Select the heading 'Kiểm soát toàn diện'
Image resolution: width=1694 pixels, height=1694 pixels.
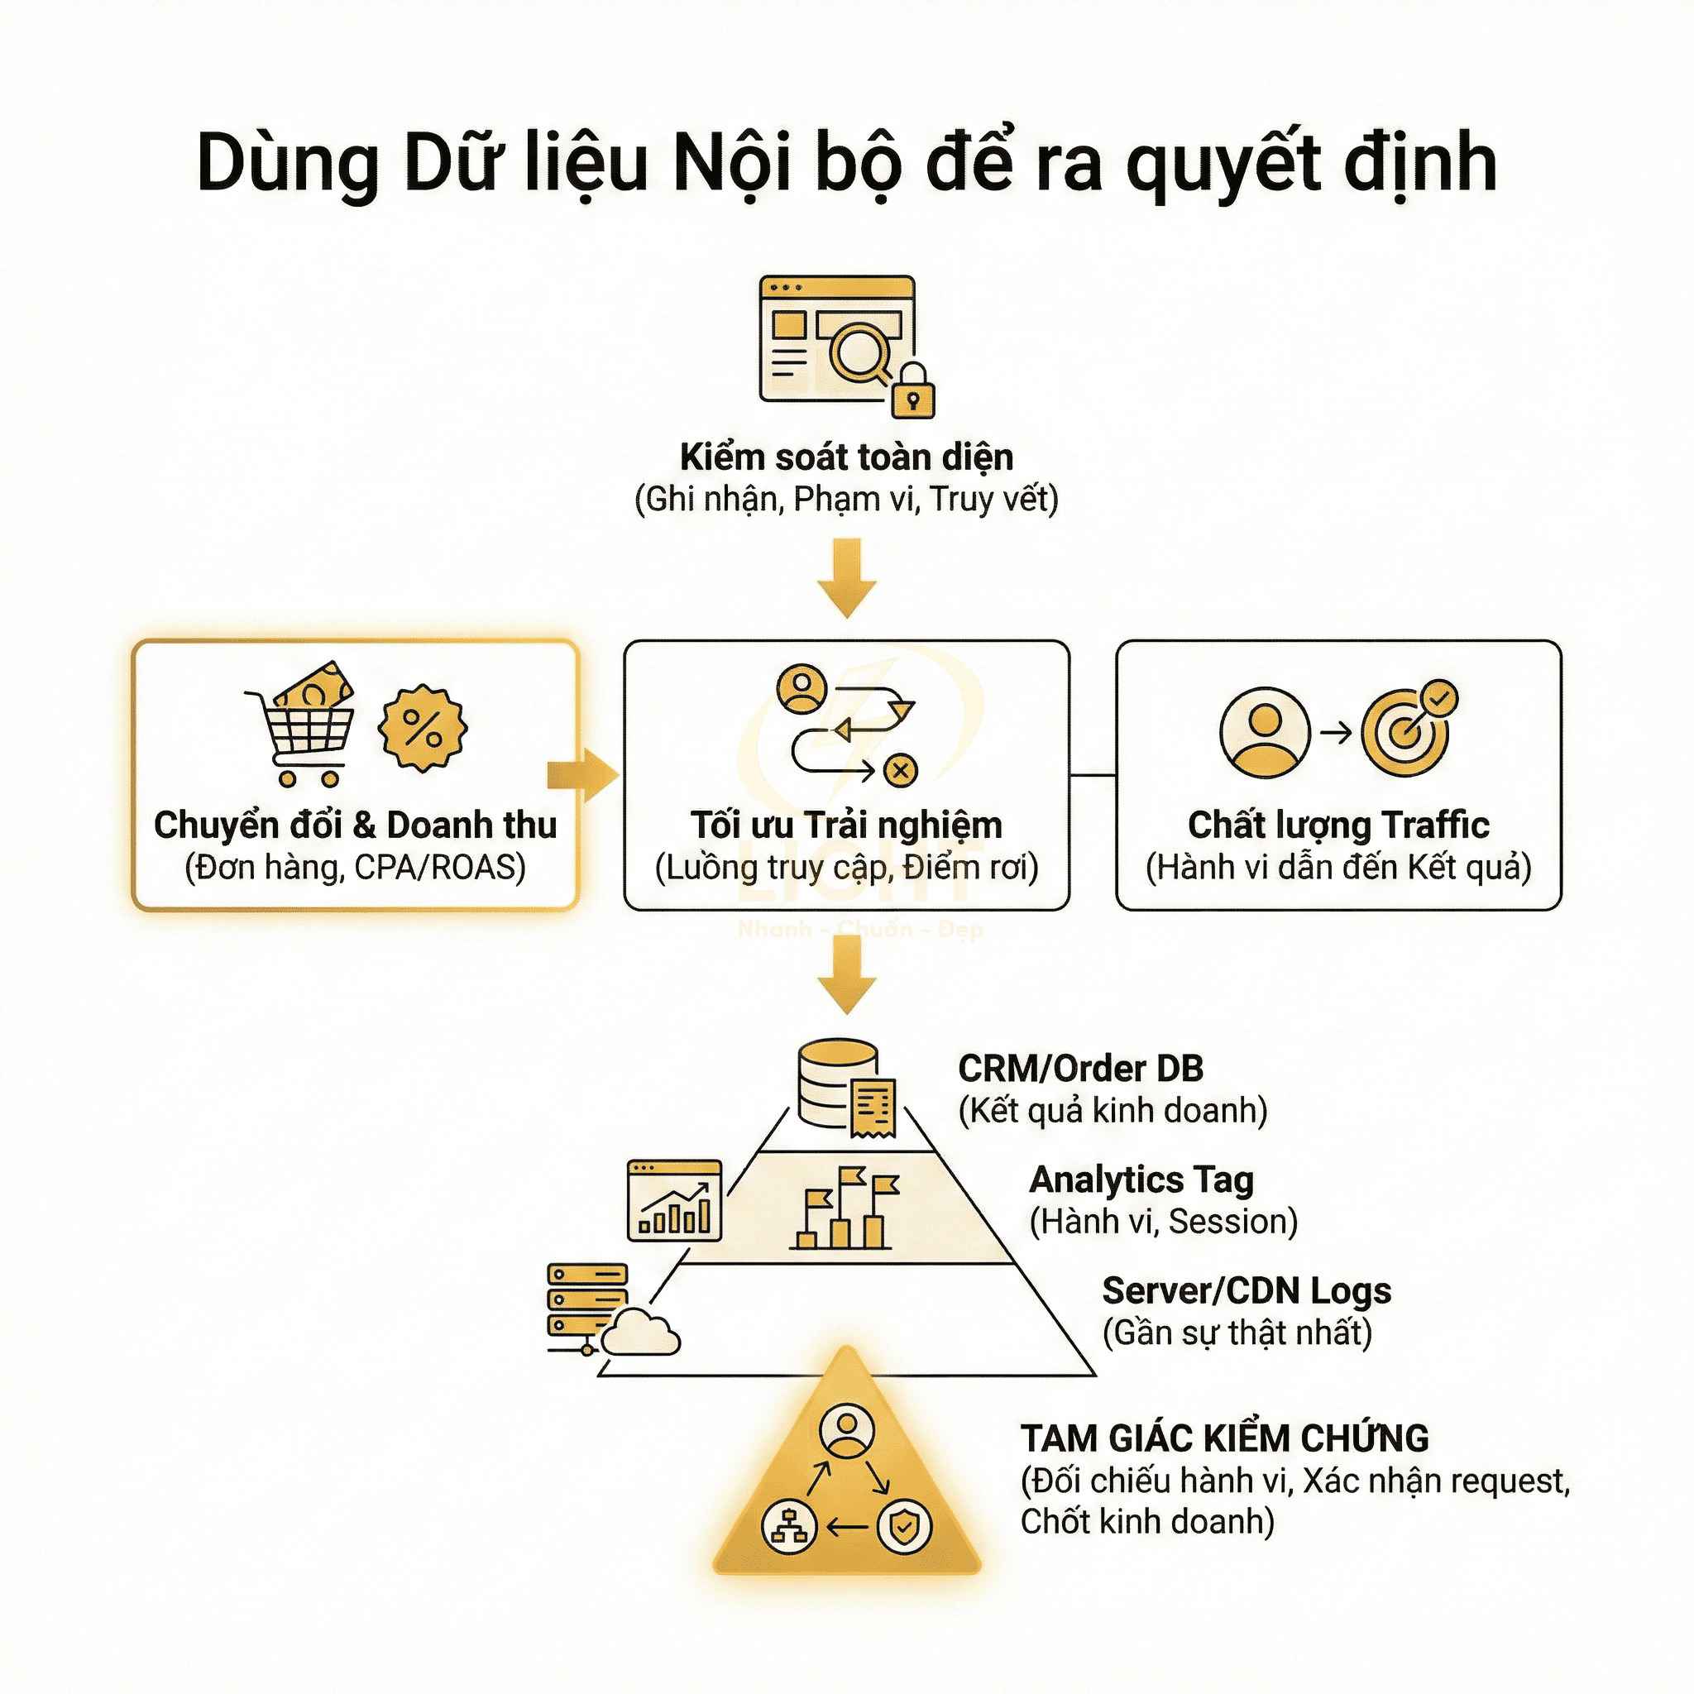click(846, 457)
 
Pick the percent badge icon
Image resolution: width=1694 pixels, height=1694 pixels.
click(423, 727)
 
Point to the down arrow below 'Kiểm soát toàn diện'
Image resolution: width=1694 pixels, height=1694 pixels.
click(846, 578)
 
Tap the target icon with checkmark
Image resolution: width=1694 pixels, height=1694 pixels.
click(1409, 727)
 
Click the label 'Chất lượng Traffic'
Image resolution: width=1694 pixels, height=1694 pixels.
click(1338, 825)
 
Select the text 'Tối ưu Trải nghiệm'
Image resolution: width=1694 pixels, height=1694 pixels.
click(846, 825)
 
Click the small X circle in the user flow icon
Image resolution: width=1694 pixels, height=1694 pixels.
click(901, 771)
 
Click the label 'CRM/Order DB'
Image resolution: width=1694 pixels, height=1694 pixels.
click(1080, 1069)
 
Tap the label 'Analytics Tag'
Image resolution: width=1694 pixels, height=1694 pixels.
click(1141, 1180)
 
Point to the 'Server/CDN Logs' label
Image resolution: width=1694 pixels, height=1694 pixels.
click(1246, 1290)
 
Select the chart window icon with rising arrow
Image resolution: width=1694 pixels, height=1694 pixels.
click(674, 1200)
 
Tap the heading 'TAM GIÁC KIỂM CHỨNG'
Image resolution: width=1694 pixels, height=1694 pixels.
click(1224, 1439)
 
